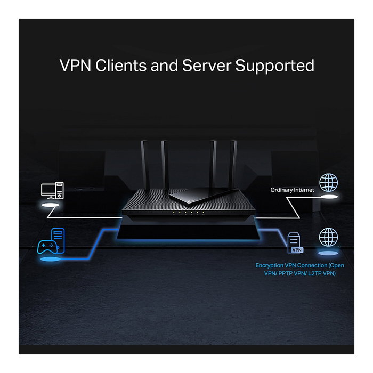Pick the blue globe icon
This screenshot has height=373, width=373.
[328, 237]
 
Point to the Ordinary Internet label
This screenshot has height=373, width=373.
[292, 190]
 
